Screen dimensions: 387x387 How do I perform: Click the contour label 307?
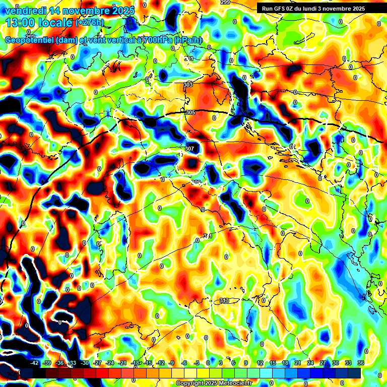tap(189, 149)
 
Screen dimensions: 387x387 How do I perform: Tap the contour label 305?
tap(190, 112)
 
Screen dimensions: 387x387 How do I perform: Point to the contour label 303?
tap(188, 85)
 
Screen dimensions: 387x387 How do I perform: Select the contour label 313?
tap(224, 301)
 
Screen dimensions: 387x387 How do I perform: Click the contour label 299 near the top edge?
tap(225, 3)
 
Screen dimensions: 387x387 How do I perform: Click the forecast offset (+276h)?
tap(90, 23)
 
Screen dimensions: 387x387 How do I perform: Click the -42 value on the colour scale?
tap(35, 363)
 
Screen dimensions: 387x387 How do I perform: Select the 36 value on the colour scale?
tap(360, 363)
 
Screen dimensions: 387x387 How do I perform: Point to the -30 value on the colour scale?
tap(85, 363)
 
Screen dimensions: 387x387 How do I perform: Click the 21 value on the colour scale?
tap(298, 363)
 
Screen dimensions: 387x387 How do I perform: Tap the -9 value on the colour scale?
tap(172, 363)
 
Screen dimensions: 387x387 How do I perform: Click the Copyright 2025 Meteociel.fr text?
tap(214, 383)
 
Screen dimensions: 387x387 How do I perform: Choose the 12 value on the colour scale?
tap(260, 363)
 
